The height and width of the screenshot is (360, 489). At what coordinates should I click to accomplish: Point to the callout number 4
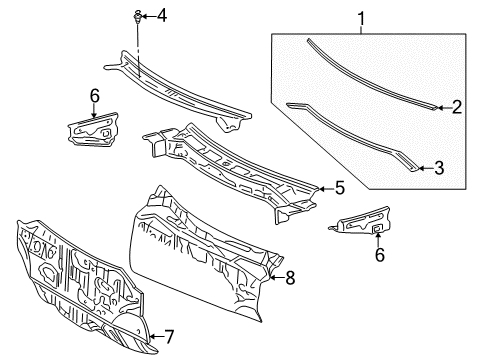click(x=163, y=14)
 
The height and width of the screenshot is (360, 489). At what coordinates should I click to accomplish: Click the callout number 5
click(x=340, y=187)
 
